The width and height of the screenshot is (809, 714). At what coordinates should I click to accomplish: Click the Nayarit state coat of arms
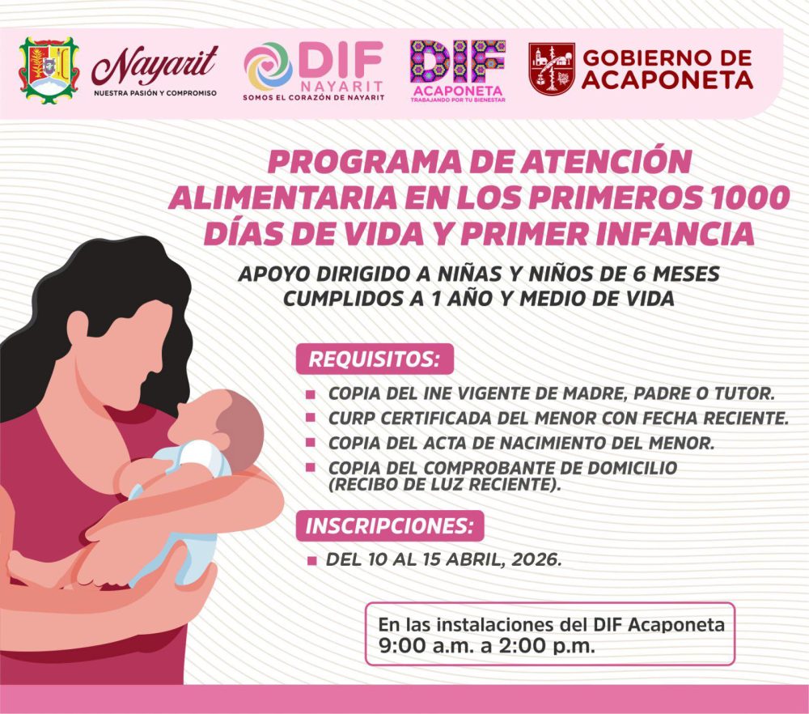coord(49,70)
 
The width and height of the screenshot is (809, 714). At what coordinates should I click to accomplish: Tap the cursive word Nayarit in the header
coord(155,66)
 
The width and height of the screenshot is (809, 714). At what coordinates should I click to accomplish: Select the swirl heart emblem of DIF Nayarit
coord(269,66)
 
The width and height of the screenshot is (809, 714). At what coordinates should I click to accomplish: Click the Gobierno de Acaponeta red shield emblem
coord(552,69)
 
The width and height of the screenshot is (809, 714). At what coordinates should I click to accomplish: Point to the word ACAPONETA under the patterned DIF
coord(458,91)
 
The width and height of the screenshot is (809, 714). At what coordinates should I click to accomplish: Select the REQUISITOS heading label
coord(375,359)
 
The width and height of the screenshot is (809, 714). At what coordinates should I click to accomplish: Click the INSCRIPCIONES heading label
coord(390,526)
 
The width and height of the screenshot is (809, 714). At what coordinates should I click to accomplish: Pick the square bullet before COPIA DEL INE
coord(310,394)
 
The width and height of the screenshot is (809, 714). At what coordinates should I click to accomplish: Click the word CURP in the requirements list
coord(352,419)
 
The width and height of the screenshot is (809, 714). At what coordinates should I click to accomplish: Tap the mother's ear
coord(78,327)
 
